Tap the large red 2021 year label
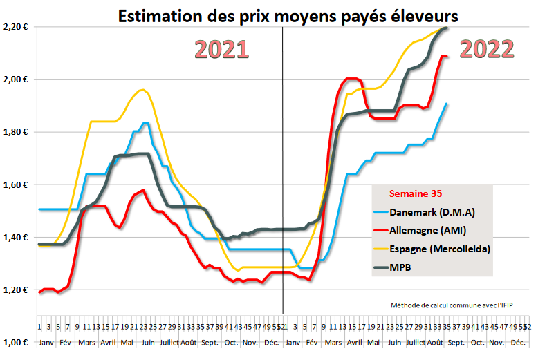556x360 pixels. (221, 50)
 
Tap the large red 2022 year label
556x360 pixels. (486, 49)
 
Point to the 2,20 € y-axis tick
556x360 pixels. (15, 27)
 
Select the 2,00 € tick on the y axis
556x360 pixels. (15, 79)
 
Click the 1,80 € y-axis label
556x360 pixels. (15, 132)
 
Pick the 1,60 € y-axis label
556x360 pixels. (15, 184)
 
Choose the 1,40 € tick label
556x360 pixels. (15, 238)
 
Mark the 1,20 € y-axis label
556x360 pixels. (15, 290)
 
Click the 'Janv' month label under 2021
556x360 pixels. (46, 342)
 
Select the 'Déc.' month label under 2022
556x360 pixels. (517, 342)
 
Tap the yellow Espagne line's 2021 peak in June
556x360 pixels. (142, 90)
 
